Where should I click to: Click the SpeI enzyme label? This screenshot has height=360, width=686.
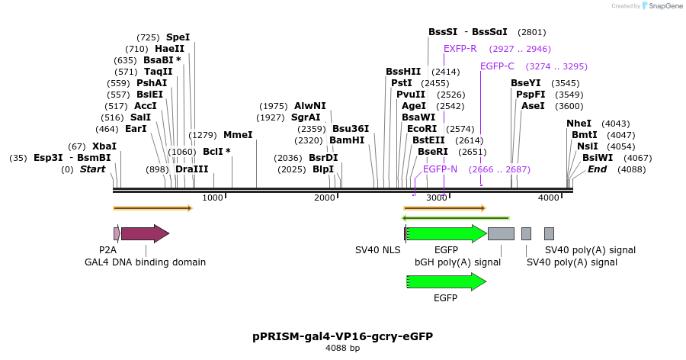(x=178, y=37)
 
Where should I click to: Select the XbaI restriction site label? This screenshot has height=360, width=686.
(x=104, y=146)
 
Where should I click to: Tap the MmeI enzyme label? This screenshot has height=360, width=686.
(x=238, y=135)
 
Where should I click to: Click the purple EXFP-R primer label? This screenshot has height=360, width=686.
(x=460, y=49)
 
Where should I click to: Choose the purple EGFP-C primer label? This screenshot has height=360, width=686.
(x=497, y=66)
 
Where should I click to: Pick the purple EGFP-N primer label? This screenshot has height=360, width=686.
(x=440, y=169)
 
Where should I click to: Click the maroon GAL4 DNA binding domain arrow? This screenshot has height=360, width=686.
(x=144, y=233)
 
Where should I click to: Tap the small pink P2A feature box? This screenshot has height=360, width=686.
(x=117, y=233)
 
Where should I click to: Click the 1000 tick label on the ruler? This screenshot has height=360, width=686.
(x=213, y=198)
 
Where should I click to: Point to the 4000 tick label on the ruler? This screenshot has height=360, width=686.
(x=549, y=198)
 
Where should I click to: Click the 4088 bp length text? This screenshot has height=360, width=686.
(x=342, y=349)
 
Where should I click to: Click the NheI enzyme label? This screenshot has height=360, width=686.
(x=579, y=124)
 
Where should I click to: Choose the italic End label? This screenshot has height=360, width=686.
(x=597, y=169)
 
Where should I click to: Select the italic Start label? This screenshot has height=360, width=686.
(x=92, y=169)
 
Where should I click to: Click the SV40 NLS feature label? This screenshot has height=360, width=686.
(x=377, y=250)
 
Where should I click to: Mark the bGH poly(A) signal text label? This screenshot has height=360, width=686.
(x=457, y=262)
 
